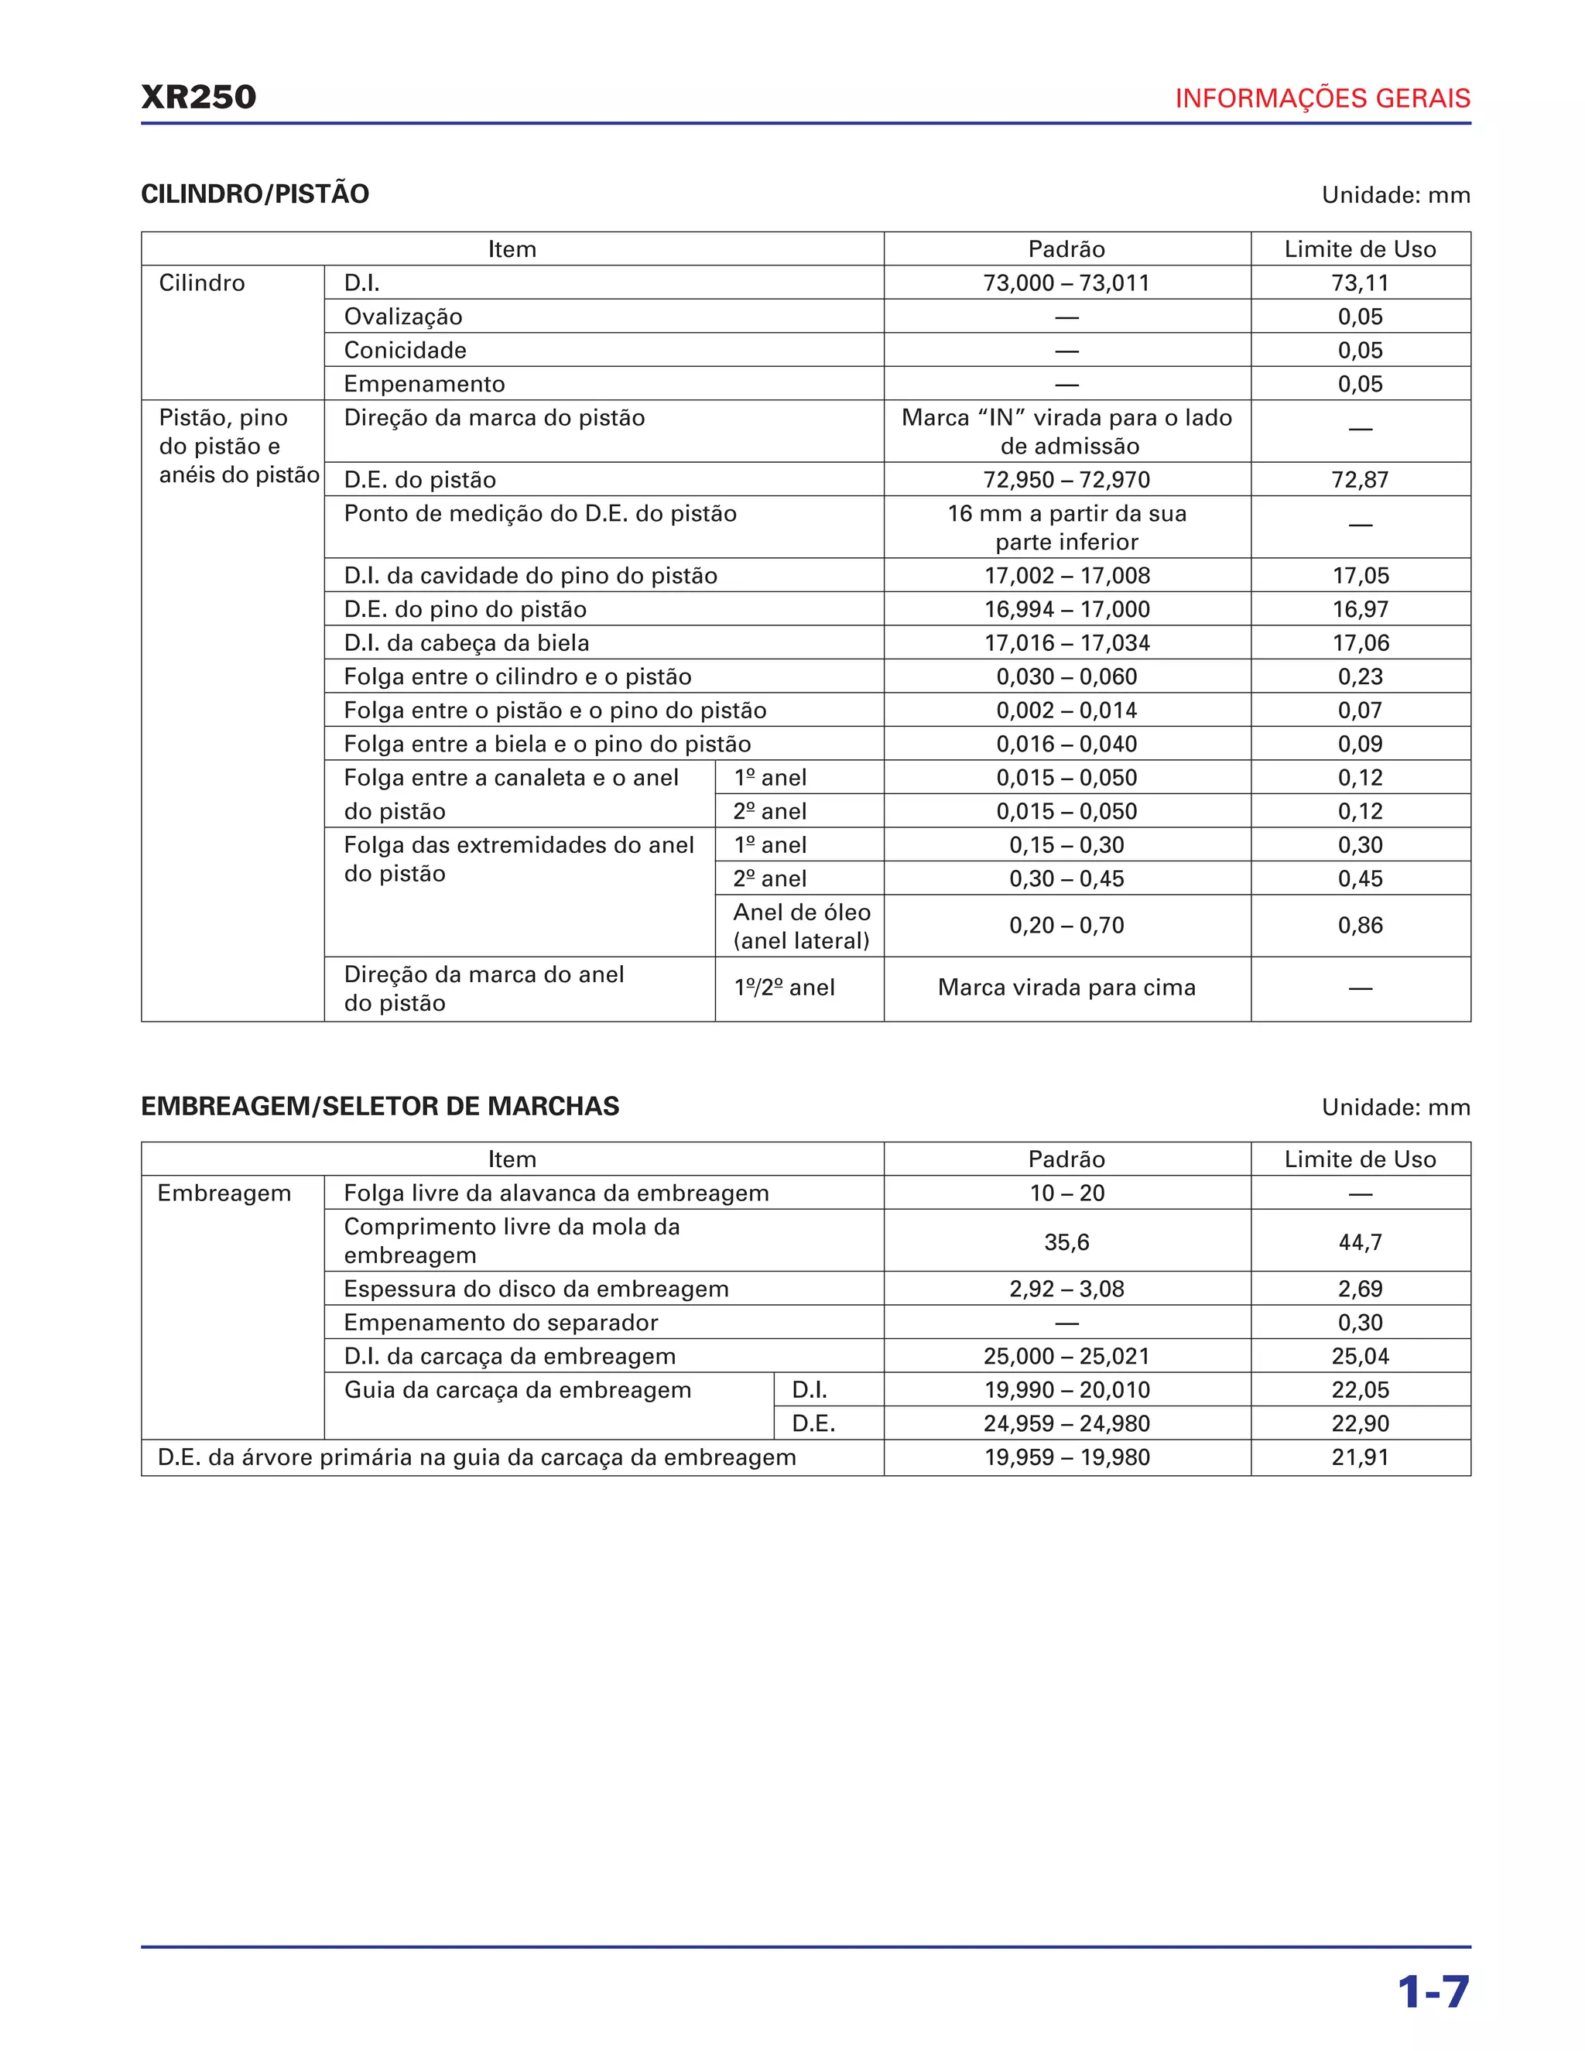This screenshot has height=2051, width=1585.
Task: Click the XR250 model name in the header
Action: [x=198, y=97]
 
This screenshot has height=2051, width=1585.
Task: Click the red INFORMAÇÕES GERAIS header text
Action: [x=1322, y=98]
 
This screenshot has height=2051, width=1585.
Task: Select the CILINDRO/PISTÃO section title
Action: [x=255, y=194]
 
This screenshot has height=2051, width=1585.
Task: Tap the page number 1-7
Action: [x=1432, y=1992]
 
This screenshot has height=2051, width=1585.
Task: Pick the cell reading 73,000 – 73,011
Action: [x=1066, y=282]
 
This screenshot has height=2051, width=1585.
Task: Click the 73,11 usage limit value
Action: [x=1360, y=282]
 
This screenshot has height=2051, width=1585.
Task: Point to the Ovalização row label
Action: [x=402, y=317]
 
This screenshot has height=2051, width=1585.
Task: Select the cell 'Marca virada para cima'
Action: [x=1066, y=988]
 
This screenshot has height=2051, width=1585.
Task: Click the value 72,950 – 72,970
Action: [x=1066, y=480]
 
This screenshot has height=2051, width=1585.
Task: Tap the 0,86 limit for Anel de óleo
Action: [x=1360, y=926]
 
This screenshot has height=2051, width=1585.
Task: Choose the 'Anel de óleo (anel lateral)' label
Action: [x=801, y=926]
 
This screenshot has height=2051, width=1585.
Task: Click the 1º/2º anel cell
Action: [x=784, y=988]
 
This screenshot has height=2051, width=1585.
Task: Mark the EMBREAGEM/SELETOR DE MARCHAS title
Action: [x=379, y=1106]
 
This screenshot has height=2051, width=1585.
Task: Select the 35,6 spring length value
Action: [x=1066, y=1242]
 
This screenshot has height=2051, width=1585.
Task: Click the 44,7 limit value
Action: [x=1360, y=1242]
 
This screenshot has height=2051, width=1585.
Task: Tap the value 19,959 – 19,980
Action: [x=1066, y=1457]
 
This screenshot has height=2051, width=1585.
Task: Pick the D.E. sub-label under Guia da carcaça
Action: [x=813, y=1423]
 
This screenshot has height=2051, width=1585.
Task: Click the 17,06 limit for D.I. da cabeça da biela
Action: [x=1360, y=643]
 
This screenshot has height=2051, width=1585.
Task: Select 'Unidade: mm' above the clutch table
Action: [x=1395, y=1108]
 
